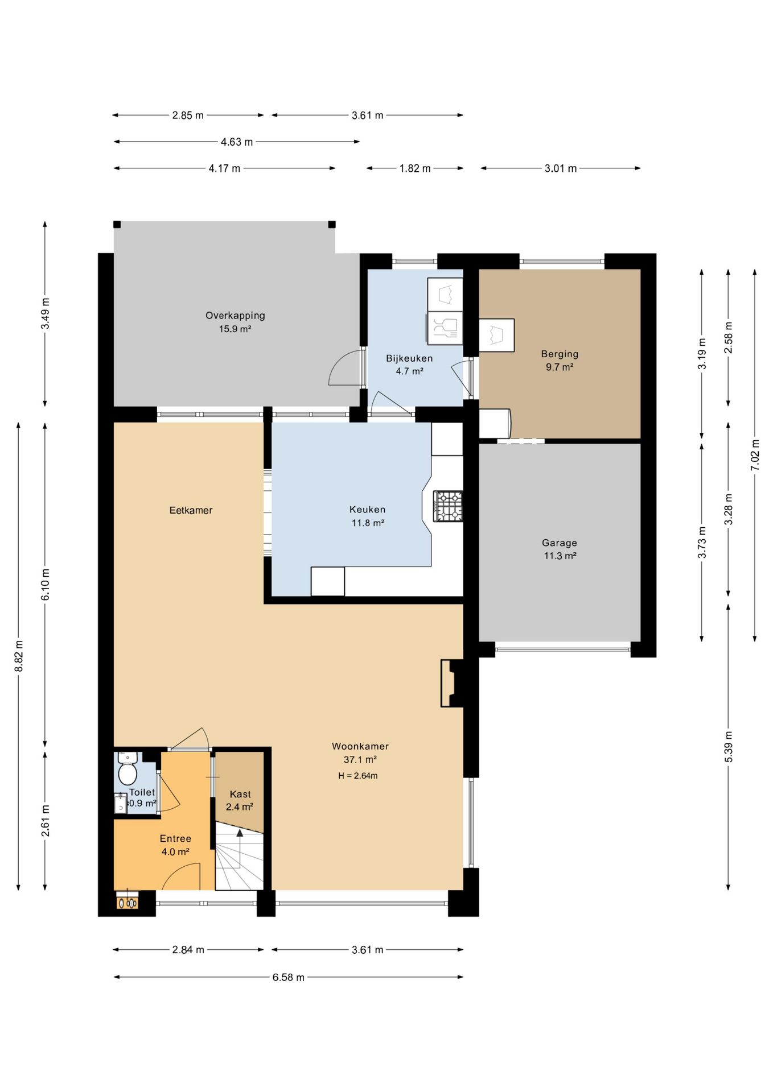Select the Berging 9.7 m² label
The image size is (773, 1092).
[x=560, y=361]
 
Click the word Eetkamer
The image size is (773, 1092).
[x=191, y=510]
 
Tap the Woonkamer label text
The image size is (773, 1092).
[x=360, y=746]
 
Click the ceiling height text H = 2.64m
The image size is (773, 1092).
[x=358, y=775]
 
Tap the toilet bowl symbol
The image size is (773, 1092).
[x=128, y=773]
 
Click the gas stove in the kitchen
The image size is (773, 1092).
[x=448, y=506]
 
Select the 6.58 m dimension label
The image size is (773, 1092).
[x=288, y=977]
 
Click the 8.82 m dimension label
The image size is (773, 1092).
[x=19, y=656]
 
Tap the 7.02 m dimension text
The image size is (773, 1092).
[x=755, y=455]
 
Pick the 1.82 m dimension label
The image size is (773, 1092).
[x=415, y=168]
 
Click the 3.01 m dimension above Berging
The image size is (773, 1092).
[x=561, y=168]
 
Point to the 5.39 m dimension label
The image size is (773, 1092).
[x=729, y=747]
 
